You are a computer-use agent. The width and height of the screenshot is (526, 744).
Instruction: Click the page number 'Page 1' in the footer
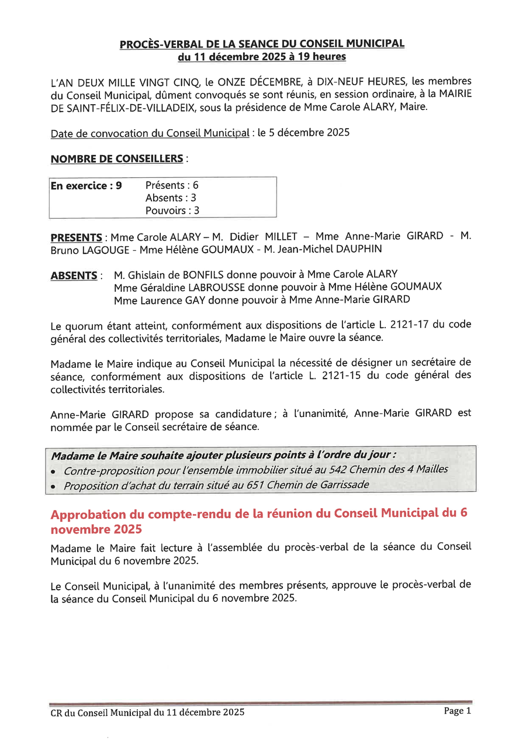(x=457, y=711)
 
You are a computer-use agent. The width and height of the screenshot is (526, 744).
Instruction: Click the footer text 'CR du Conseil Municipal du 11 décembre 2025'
(x=147, y=712)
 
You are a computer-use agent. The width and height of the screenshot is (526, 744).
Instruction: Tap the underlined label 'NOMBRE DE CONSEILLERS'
(x=117, y=159)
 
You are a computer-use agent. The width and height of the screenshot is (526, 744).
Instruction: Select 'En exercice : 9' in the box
(x=86, y=185)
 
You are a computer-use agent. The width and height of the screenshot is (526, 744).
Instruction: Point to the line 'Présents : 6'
(x=172, y=185)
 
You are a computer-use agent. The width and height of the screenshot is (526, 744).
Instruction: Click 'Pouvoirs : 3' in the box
(x=172, y=211)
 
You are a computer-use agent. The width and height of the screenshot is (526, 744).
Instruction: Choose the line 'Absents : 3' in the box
(x=171, y=198)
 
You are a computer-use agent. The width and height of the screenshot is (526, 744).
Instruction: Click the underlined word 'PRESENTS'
(x=77, y=237)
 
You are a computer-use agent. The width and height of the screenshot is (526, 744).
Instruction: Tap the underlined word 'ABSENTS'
(x=74, y=275)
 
